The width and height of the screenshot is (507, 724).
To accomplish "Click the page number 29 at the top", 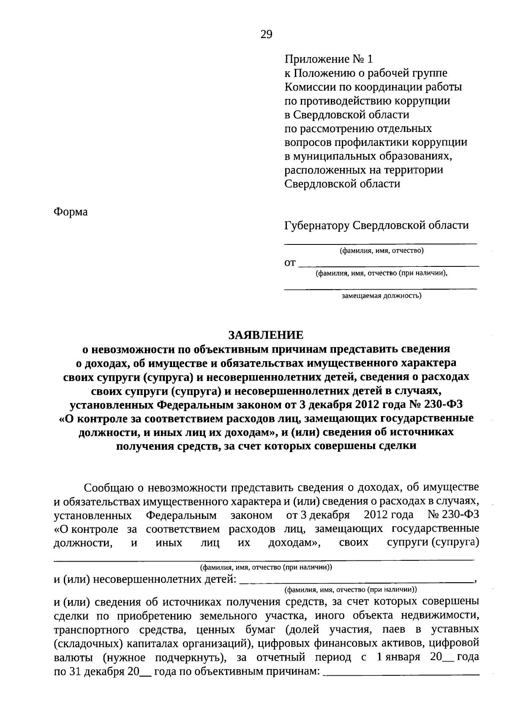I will point(266,34).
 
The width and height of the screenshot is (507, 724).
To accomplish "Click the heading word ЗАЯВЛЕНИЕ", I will point(266,335).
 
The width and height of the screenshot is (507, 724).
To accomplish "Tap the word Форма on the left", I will point(71,211).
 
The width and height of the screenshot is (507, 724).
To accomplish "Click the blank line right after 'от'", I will point(389,265).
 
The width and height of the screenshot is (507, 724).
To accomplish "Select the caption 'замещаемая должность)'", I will point(381,296).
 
